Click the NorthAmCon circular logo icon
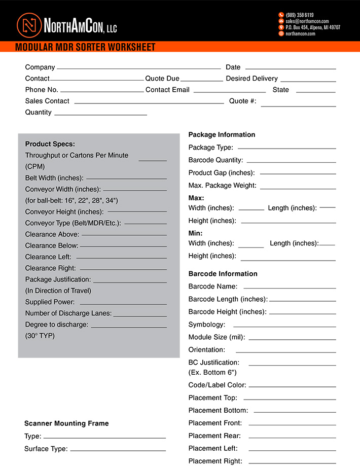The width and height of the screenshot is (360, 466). coord(28,24)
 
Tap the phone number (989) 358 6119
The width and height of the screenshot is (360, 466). coord(300,15)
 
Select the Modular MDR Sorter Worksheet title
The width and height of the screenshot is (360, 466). coord(85,48)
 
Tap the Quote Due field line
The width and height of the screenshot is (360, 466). coord(202,80)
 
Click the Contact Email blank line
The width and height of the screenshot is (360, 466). coord(230,91)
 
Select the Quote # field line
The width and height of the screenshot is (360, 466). coord(298,105)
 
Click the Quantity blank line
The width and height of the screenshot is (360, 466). coord(100,115)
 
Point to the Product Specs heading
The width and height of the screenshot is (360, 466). coord(50,144)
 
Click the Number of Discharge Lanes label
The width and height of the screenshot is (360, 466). coord(68,313)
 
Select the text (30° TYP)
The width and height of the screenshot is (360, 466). coord(40,336)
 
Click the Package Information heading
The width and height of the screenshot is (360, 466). coord(222,135)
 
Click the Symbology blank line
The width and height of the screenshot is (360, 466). coord(284,326)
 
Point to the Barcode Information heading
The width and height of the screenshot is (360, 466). coord(223,274)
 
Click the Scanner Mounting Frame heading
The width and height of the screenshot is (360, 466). coord(66,423)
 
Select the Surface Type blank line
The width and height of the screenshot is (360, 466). coord(118,450)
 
